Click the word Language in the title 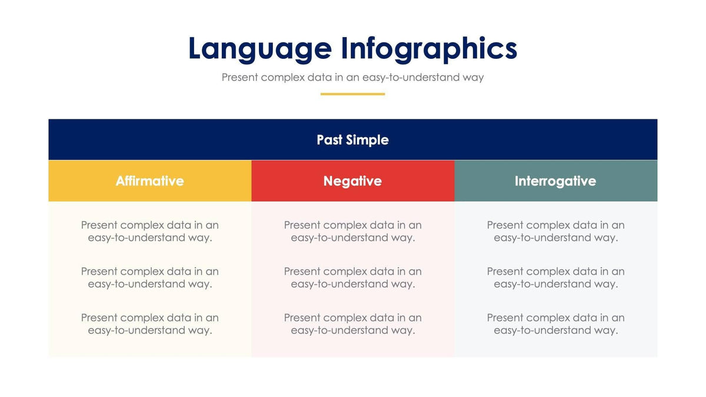[259, 49]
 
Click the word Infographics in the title [429, 49]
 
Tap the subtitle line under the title [352, 77]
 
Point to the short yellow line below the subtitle [352, 94]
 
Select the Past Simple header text [352, 140]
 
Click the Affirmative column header [149, 181]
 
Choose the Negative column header [352, 181]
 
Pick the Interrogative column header [555, 181]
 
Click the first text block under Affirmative [149, 231]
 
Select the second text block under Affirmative [149, 278]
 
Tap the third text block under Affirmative [149, 324]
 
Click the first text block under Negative [352, 231]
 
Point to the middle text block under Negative [352, 278]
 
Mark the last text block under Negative [352, 324]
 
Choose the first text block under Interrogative [555, 231]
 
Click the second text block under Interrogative [555, 278]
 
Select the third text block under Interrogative [555, 324]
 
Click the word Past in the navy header [329, 140]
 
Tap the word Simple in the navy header [367, 140]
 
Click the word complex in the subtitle [282, 78]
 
